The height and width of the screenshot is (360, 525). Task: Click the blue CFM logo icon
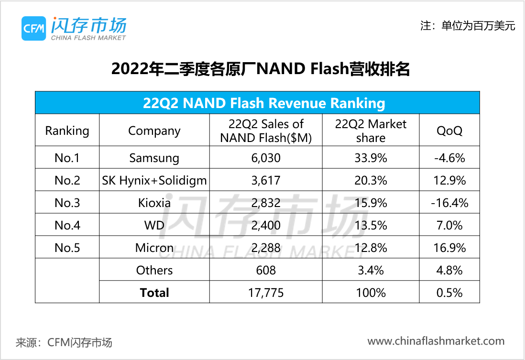coord(33,28)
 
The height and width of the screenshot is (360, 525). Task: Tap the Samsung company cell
coord(154,158)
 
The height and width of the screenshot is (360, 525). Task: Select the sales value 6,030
coord(265,158)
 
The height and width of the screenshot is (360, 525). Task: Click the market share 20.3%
coord(371,180)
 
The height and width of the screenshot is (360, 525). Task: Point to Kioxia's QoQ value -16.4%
coord(449,203)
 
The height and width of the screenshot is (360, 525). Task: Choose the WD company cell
coord(154,225)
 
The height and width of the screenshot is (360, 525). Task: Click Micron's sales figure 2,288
coord(265,248)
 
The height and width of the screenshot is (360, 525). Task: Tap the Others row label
coord(154,270)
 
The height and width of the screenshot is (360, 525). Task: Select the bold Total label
coord(154,293)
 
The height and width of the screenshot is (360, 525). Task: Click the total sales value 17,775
coord(265,293)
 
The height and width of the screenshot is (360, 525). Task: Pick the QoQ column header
coord(449,131)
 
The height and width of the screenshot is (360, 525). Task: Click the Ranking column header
coord(67,131)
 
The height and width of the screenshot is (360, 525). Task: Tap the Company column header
coord(154,131)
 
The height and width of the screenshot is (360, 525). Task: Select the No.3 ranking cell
coord(67,203)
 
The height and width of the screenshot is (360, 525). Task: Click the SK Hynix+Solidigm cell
coord(154,180)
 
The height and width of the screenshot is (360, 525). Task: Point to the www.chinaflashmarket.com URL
coord(436,341)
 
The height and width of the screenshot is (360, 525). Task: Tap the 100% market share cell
coord(371,293)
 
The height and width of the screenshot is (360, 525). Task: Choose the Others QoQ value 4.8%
coord(449,270)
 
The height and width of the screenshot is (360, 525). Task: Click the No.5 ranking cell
coord(67,248)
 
